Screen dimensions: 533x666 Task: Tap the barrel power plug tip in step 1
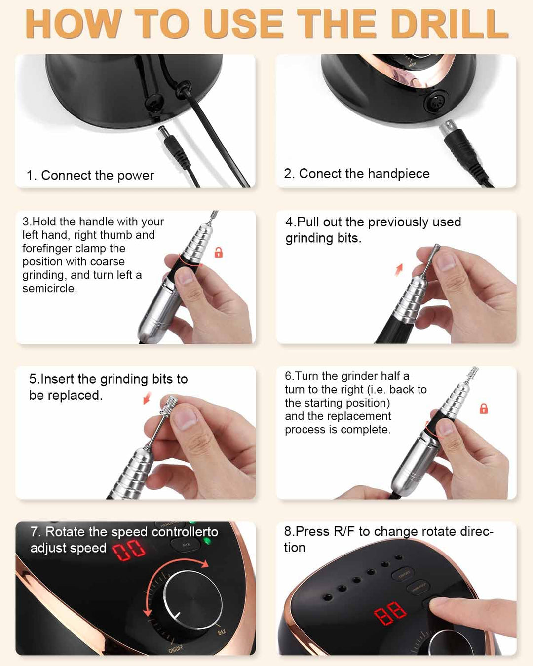162,129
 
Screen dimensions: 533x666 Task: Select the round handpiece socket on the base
436,103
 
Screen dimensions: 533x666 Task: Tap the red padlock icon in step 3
218,252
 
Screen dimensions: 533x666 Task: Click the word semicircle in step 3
49,289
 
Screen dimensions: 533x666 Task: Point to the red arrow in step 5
147,398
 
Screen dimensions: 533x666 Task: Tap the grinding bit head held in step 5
168,404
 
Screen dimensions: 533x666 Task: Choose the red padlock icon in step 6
484,408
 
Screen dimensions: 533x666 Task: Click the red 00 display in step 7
128,549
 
